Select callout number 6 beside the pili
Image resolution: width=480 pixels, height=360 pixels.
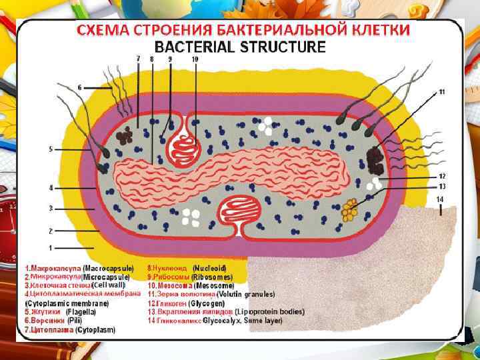[x=80, y=87]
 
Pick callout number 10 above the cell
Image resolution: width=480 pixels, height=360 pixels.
[x=195, y=59]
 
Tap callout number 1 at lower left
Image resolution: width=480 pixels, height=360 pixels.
[x=51, y=248]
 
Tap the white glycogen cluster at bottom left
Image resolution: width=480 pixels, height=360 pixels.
[x=191, y=217]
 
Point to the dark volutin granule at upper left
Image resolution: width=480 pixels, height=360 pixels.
[x=124, y=137]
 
